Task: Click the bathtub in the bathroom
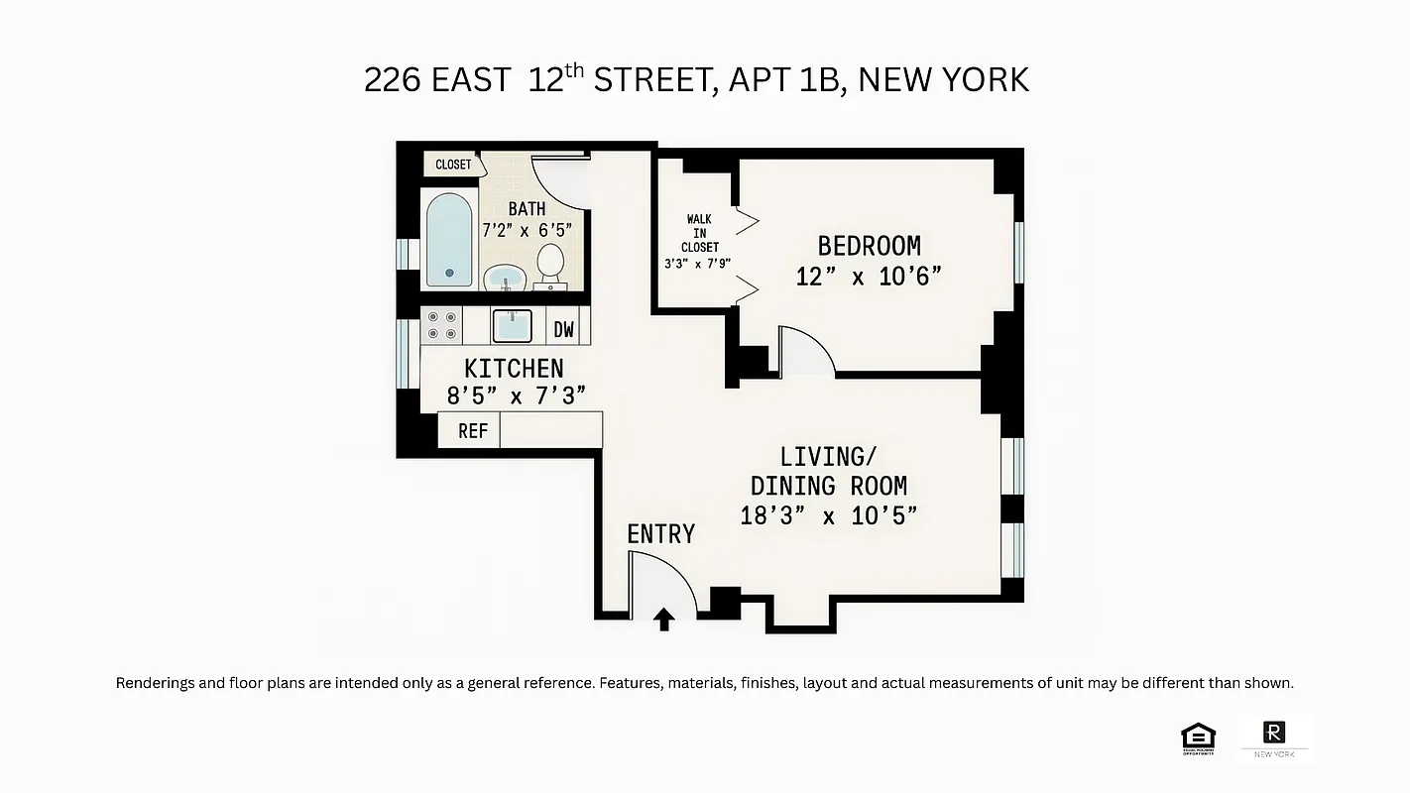click(449, 239)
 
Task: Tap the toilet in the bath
click(550, 265)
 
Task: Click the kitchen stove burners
click(442, 324)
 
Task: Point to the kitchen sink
click(512, 325)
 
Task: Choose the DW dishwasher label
click(564, 329)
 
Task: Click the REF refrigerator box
click(472, 431)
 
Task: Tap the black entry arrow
click(664, 620)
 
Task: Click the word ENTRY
click(660, 533)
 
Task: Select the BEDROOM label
click(869, 246)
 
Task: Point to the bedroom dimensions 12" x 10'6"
click(869, 277)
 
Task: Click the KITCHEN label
click(514, 368)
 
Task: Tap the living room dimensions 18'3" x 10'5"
click(829, 515)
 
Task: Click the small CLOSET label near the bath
click(453, 165)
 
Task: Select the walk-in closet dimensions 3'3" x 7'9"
click(699, 264)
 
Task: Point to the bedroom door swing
click(804, 352)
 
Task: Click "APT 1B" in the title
click(783, 80)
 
